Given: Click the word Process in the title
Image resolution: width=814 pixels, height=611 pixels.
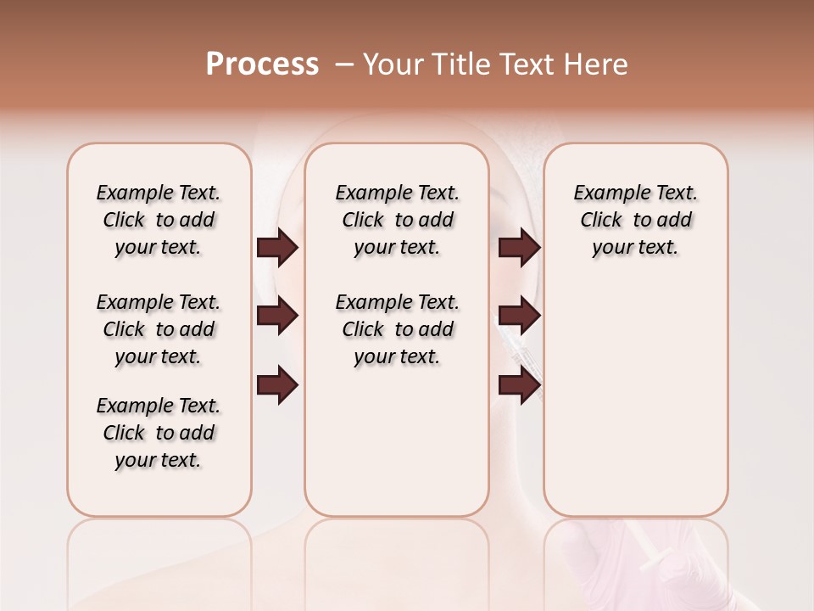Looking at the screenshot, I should [262, 64].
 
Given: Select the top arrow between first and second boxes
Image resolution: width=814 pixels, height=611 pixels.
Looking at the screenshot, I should [277, 248].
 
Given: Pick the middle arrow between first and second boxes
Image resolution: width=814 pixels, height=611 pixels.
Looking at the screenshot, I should [277, 316].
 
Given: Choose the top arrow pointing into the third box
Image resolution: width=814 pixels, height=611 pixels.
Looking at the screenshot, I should [519, 248].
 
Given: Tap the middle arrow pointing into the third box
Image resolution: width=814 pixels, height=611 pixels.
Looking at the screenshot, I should [519, 316].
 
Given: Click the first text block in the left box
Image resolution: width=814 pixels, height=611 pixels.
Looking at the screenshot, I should [159, 220].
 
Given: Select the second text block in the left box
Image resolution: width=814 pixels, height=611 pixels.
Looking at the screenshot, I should [159, 329].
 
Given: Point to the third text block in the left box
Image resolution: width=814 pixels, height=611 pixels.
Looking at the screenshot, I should [159, 433].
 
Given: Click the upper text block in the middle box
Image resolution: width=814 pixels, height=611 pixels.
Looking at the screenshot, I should [397, 220].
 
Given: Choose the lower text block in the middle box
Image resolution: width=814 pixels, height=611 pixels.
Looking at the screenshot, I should [397, 329].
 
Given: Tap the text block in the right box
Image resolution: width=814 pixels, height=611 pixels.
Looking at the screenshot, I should [636, 220].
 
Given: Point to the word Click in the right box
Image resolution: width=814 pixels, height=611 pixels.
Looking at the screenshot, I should [601, 220].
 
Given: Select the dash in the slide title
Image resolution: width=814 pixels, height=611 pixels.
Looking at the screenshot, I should [344, 64].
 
